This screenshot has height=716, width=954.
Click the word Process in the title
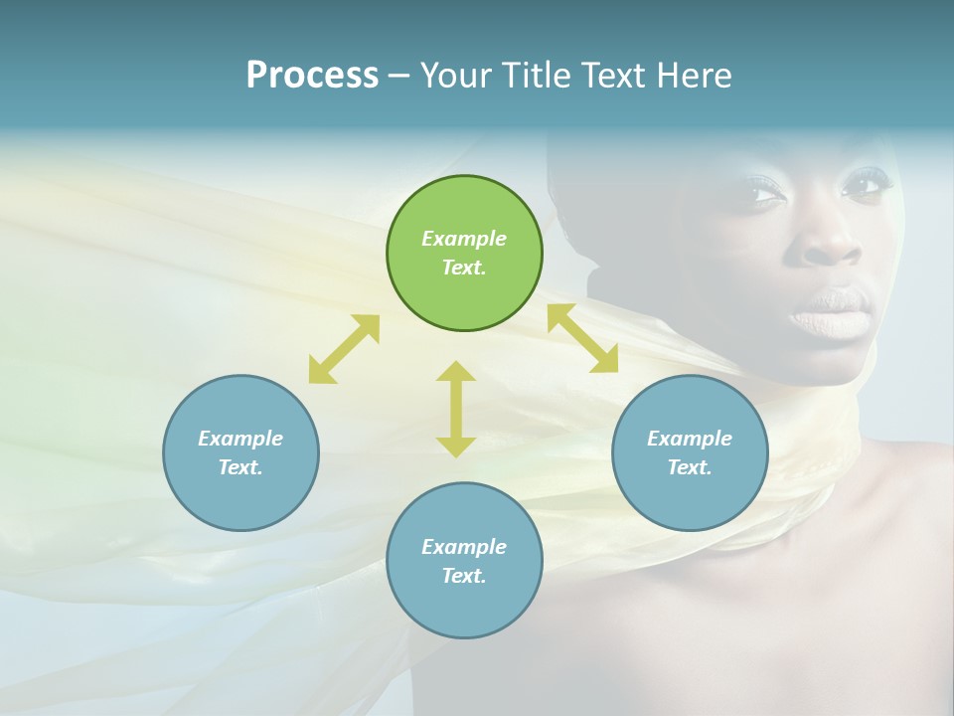[x=312, y=76]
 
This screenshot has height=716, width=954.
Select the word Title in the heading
[x=539, y=76]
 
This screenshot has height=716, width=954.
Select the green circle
[x=464, y=253]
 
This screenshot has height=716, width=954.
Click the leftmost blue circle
[x=240, y=452]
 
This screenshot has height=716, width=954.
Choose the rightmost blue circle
[x=690, y=452]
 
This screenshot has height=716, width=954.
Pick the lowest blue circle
[x=464, y=561]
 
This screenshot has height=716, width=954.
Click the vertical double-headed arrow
[x=456, y=409]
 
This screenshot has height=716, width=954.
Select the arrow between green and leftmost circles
[x=344, y=349]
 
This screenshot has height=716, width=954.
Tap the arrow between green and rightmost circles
[x=582, y=338]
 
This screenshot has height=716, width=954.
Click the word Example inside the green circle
[x=464, y=239]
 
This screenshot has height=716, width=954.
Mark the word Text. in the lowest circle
[x=464, y=576]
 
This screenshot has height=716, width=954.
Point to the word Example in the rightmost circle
[x=690, y=439]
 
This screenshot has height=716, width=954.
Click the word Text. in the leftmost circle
[x=240, y=467]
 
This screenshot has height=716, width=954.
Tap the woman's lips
[x=831, y=314]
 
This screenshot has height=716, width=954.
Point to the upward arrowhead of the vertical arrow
[x=456, y=371]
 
